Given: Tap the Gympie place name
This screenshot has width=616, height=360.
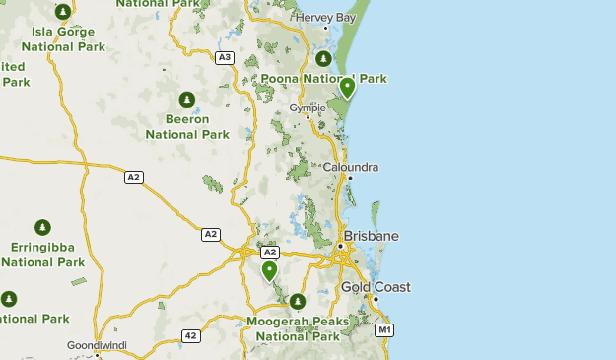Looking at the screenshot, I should click(308, 108).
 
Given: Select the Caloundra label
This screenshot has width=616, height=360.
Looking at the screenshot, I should click(350, 167).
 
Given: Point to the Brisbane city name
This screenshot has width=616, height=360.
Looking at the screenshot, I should click(372, 236).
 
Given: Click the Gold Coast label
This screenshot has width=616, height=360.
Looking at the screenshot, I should click(376, 287).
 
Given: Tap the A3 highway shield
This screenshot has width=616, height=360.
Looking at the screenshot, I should click(225, 57).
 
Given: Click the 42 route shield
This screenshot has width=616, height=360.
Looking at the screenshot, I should click(191, 336).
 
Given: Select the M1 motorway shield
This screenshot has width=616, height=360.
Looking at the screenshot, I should click(384, 329).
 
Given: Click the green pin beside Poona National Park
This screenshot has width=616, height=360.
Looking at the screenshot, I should click(347, 88).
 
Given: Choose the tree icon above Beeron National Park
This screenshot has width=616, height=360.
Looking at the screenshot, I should click(186, 100).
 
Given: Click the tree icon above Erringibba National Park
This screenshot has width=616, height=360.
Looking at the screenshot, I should click(43, 228).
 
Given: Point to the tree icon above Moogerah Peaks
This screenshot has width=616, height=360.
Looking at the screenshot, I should click(297, 301).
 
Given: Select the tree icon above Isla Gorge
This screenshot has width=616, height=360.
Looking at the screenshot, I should click(63, 12).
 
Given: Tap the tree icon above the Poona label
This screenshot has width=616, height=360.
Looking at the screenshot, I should click(321, 58).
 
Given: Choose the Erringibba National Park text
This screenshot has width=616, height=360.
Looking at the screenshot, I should click(43, 254).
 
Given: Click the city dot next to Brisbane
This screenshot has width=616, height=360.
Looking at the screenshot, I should click(340, 246).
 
